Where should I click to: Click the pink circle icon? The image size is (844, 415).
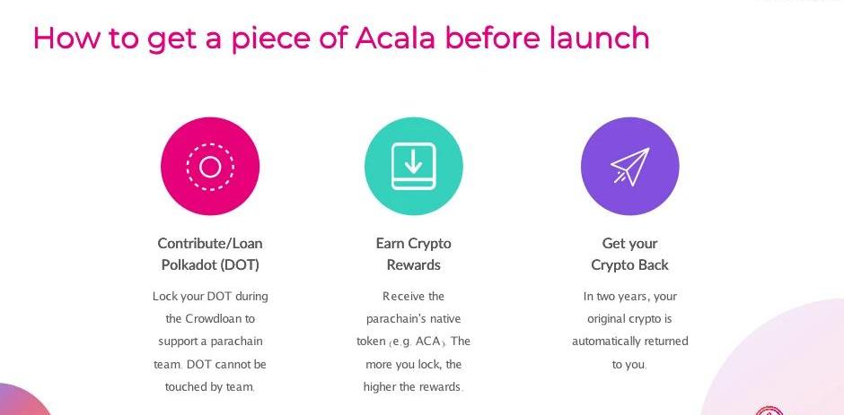(210, 166)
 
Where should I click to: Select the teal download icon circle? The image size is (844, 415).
(413, 166)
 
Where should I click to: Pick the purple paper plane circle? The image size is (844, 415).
(629, 166)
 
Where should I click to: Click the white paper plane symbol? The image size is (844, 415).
(630, 166)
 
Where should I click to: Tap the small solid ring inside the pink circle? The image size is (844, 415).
(210, 167)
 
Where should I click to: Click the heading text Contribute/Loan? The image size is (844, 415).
(210, 244)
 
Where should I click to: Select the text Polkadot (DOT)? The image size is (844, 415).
(210, 265)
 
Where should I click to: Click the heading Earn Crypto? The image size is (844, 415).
(413, 244)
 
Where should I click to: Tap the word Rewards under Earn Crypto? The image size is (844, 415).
(413, 265)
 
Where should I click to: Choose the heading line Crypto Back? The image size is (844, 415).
(629, 265)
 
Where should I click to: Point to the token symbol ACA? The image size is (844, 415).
(428, 342)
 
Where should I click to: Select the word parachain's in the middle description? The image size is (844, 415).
(393, 319)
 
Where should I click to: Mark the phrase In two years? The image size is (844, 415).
(611, 297)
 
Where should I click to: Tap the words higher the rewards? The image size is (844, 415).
(412, 387)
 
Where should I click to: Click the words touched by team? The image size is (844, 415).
(209, 387)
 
